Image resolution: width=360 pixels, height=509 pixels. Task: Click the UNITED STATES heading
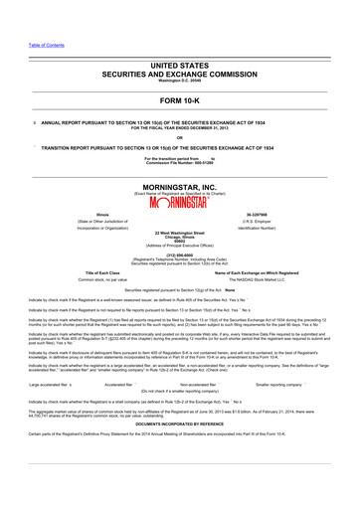point(179,63)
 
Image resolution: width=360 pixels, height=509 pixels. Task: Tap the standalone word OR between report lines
point(179,137)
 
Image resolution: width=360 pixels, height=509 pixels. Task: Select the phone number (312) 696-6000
point(179,252)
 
